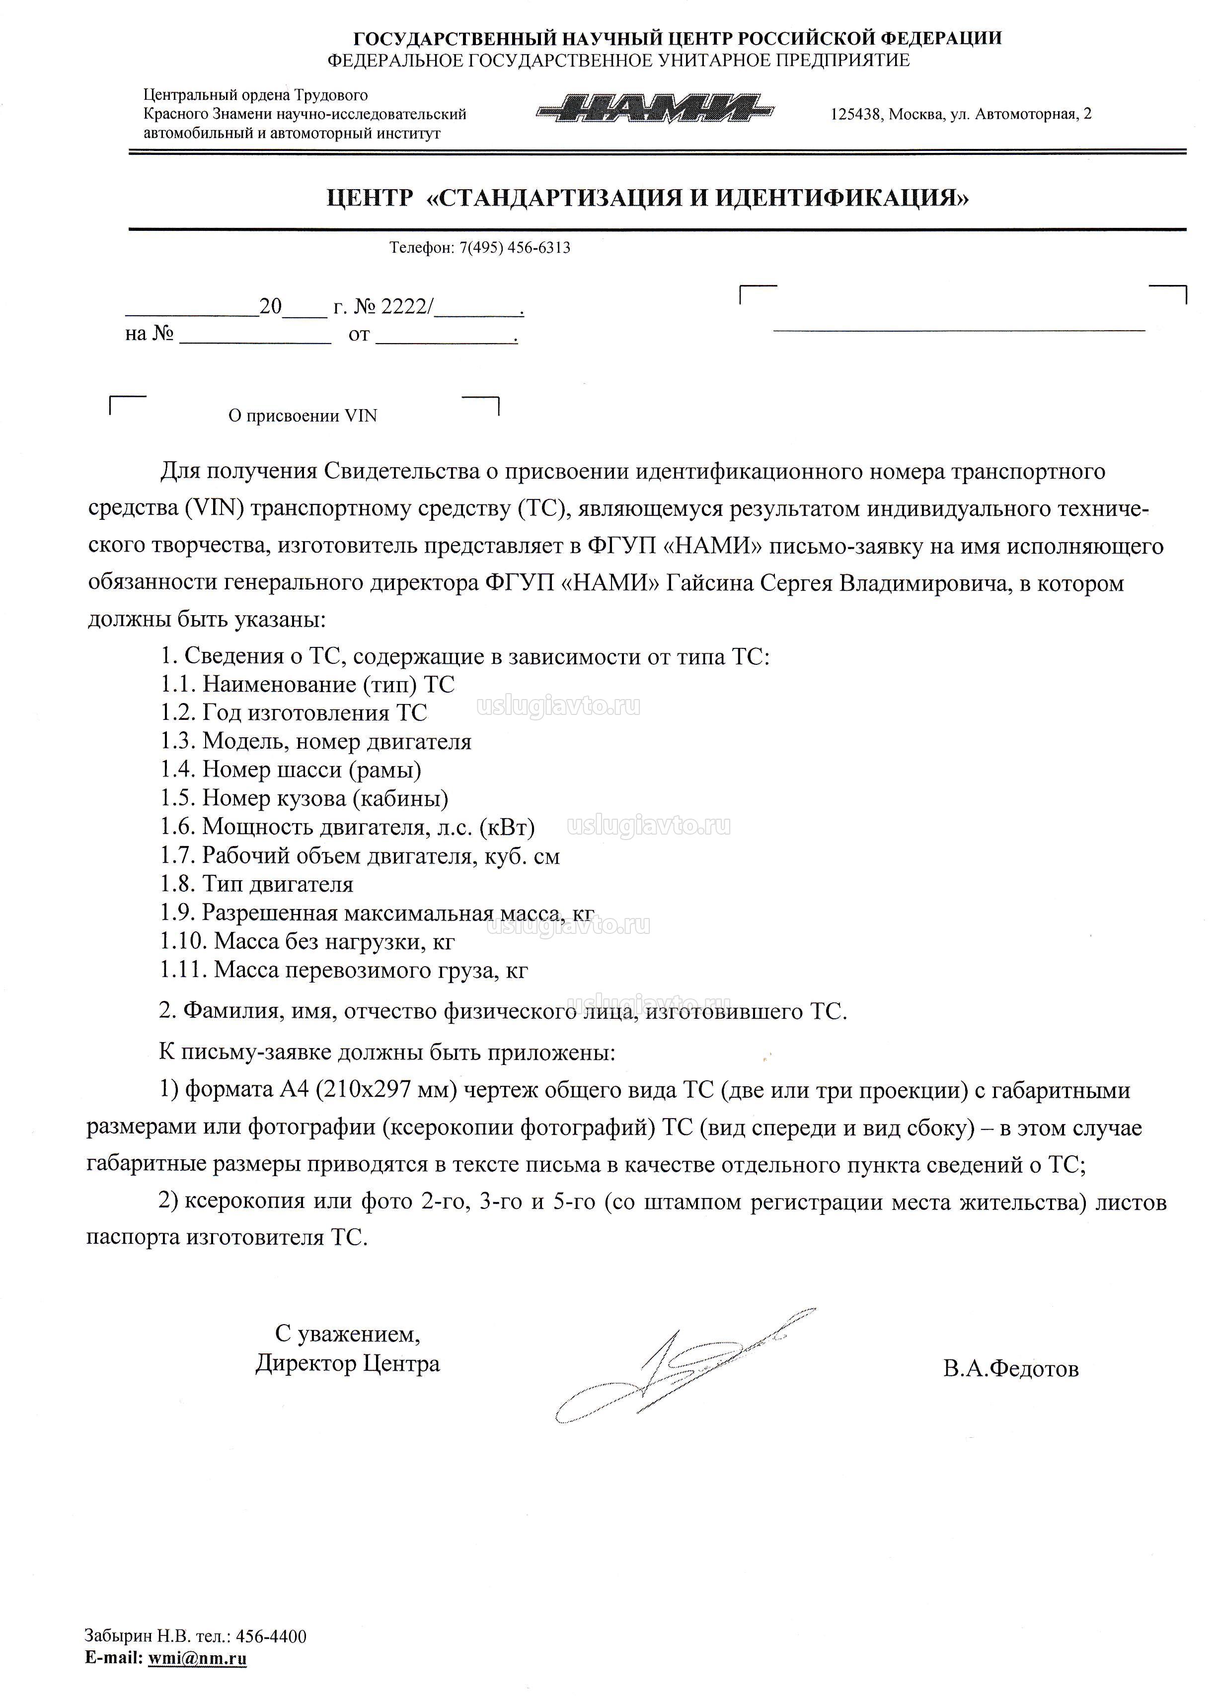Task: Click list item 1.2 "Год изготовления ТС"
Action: click(293, 712)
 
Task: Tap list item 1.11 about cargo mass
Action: click(343, 970)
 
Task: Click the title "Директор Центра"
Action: click(347, 1364)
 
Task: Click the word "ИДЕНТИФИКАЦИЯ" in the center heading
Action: click(841, 198)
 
